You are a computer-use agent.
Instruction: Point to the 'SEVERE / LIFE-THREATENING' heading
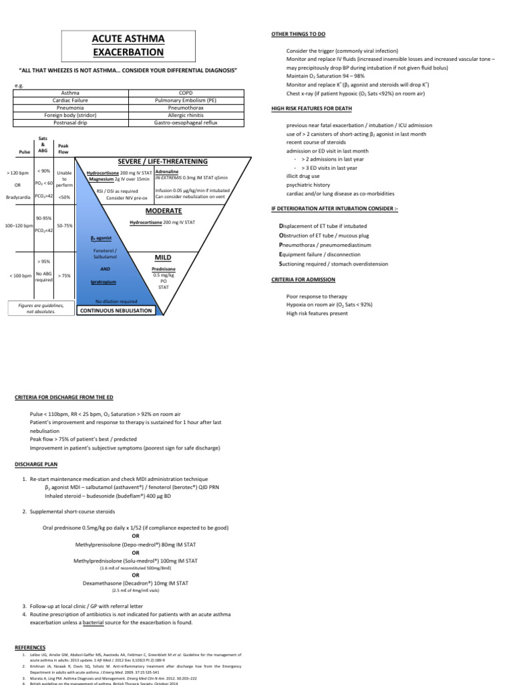[162, 161]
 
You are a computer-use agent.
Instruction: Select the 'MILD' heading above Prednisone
[164, 256]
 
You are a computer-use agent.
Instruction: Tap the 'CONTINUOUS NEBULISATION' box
[117, 311]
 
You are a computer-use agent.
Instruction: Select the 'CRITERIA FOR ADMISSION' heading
[303, 279]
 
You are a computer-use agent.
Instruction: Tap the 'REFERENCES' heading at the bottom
[29, 648]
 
